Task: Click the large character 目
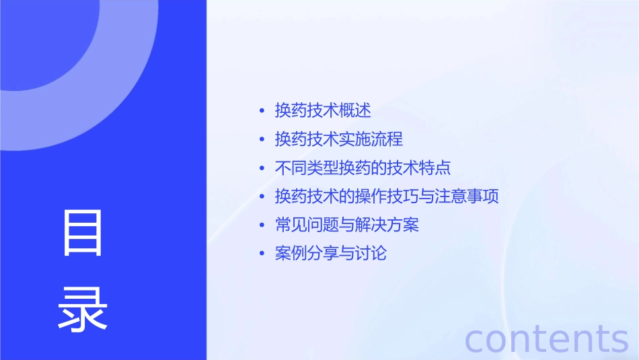coord(83,233)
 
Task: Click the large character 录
coord(83,310)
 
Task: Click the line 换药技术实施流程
coord(339,139)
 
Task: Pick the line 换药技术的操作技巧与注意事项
coord(387,196)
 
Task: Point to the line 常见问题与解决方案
coord(347,225)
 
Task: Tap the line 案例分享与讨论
coord(331,254)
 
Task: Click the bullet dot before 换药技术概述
coord(262,111)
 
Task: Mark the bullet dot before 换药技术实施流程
coord(262,140)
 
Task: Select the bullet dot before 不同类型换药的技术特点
coord(262,168)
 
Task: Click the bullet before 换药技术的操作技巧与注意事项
coord(262,197)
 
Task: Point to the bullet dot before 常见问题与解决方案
coord(262,225)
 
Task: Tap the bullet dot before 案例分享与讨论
coord(262,254)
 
